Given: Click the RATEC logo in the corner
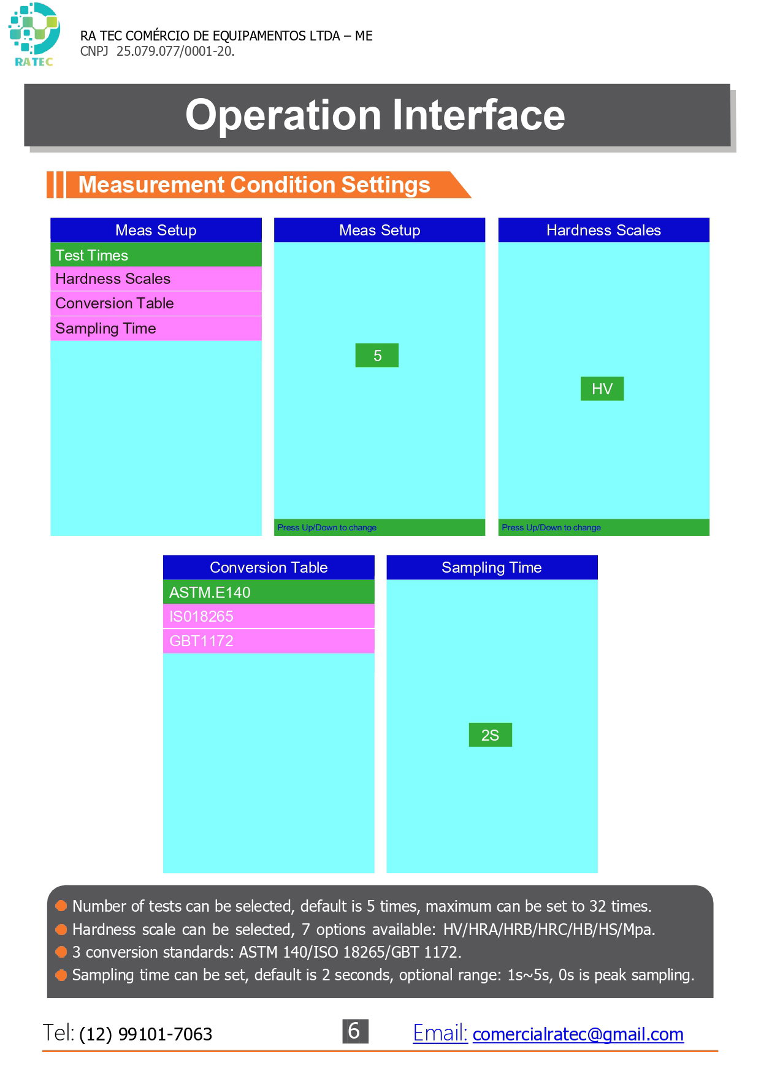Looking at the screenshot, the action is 34,34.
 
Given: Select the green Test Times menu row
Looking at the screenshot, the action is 156,254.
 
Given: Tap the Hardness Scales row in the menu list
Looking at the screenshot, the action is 156,279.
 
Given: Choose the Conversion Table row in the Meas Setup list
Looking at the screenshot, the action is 156,303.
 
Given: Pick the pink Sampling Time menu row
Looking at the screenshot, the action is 156,328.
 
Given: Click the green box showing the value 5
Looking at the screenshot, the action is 377,356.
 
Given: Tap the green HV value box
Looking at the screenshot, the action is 602,389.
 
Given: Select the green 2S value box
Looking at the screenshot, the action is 490,735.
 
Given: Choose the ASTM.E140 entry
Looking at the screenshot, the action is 269,592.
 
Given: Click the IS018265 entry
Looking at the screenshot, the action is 269,616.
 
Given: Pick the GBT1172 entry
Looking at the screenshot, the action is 269,641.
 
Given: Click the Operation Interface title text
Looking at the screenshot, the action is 375,115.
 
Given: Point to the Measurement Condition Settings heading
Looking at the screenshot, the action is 254,185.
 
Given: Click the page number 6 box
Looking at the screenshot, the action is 355,1031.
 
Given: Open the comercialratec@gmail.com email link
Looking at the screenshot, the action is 578,1034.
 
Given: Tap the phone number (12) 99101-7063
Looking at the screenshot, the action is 146,1034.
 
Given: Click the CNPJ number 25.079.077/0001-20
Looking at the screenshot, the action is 175,52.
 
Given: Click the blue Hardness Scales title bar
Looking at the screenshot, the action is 603,230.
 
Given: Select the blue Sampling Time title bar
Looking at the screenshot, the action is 492,567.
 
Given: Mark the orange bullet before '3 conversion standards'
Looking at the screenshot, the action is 61,952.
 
